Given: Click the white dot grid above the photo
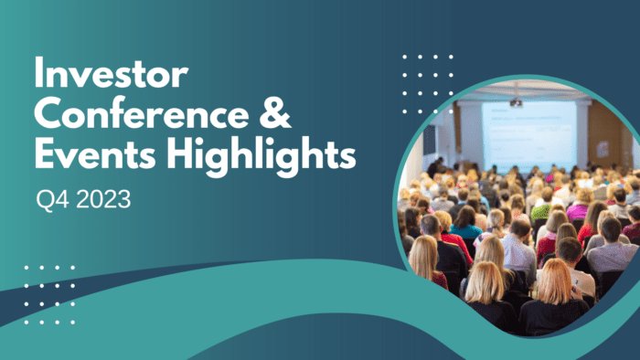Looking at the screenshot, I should (427, 83).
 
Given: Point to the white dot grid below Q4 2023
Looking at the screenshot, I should (49, 294).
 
